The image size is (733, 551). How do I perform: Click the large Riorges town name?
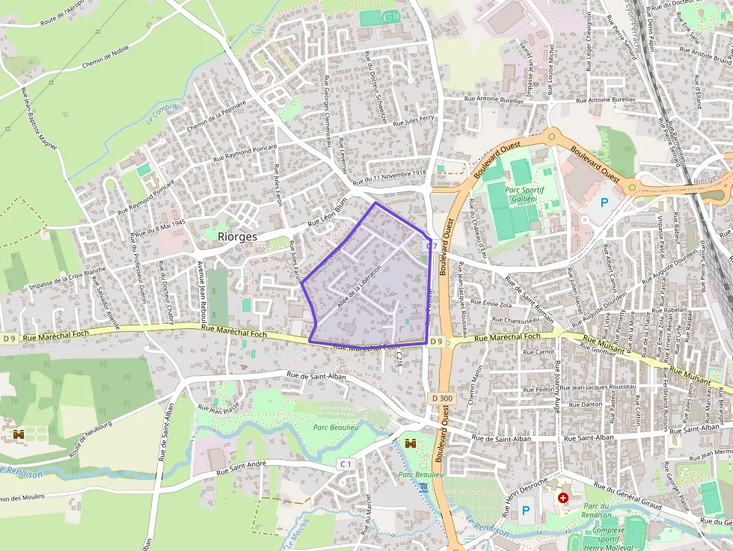point(237,236)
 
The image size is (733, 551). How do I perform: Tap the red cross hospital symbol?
point(562,497)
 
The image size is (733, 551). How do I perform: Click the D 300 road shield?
point(442,398)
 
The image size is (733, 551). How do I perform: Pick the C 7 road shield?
point(432,245)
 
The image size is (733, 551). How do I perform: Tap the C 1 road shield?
point(345,464)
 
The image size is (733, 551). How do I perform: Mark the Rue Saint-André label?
point(242,469)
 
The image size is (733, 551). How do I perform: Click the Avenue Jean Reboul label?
point(200,287)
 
